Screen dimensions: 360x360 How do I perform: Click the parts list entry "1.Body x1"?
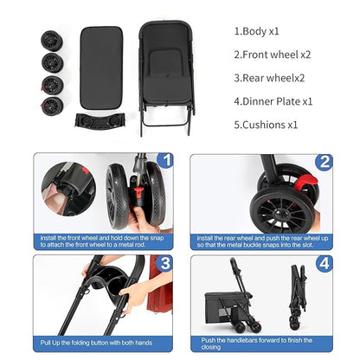pyautogui.click(x=256, y=30)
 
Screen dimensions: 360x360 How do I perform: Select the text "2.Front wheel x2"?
pyautogui.click(x=273, y=54)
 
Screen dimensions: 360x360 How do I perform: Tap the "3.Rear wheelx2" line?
pyautogui.click(x=269, y=77)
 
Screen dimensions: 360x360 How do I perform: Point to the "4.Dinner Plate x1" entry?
pyautogui.click(x=273, y=100)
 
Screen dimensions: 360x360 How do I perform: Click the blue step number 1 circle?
pyautogui.click(x=166, y=161)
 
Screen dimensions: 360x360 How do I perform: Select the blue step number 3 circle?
pyautogui.click(x=166, y=262)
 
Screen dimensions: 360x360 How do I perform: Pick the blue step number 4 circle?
pyautogui.click(x=324, y=262)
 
